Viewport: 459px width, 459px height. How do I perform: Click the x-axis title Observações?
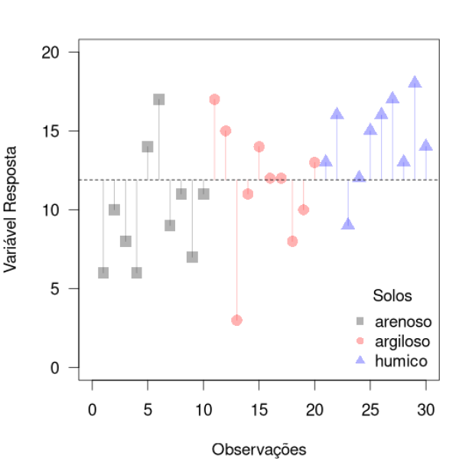pos(259,448)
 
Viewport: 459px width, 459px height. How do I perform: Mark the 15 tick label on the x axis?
pos(259,409)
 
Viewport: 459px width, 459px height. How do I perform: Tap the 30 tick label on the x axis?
pos(425,409)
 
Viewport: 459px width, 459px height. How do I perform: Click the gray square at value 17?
pos(158,99)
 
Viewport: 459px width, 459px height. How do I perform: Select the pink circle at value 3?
pos(236,320)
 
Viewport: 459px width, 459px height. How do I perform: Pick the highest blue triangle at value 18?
pos(415,83)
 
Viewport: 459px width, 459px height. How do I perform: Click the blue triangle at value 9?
pos(348,224)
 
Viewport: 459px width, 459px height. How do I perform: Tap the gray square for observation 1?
pos(103,272)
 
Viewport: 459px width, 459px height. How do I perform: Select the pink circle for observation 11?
pos(214,99)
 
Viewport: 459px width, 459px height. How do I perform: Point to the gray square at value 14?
pos(148,147)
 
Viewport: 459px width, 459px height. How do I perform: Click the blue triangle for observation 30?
pos(426,145)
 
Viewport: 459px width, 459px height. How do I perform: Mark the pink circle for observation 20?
pos(314,162)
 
